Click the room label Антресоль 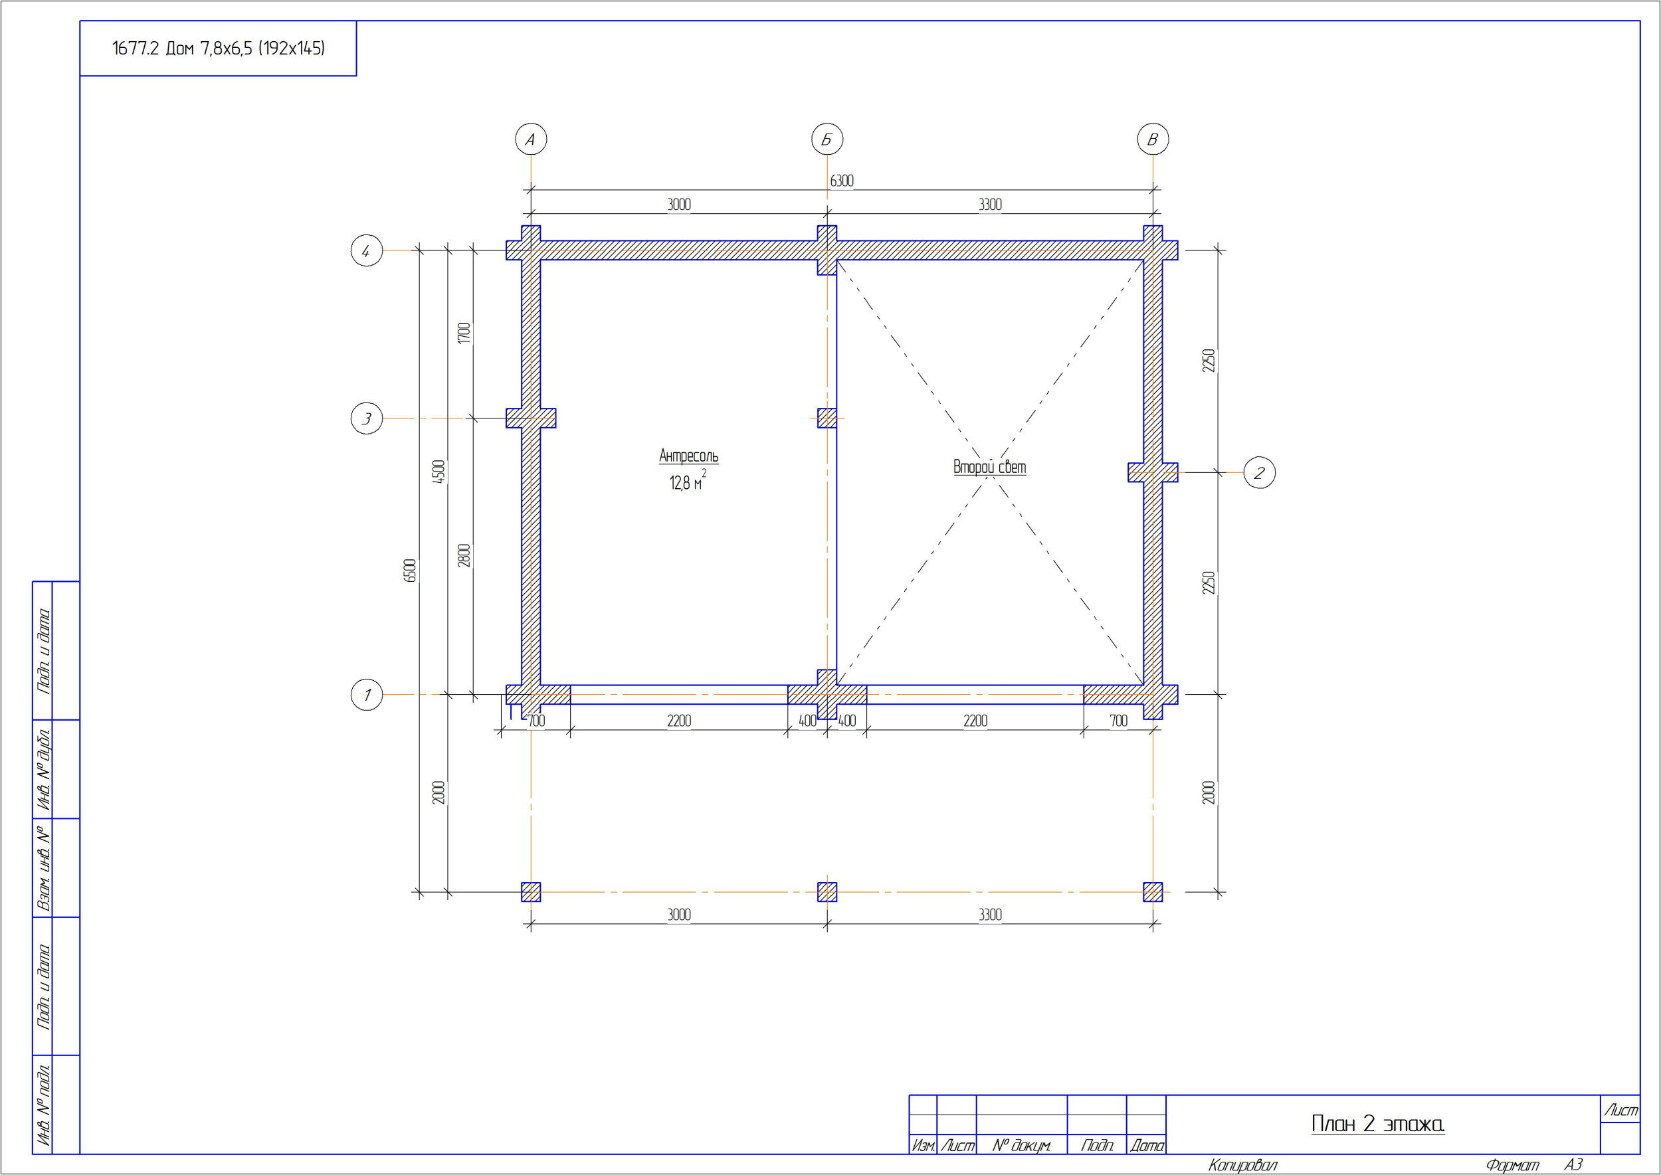coord(688,456)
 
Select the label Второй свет coord(989,467)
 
